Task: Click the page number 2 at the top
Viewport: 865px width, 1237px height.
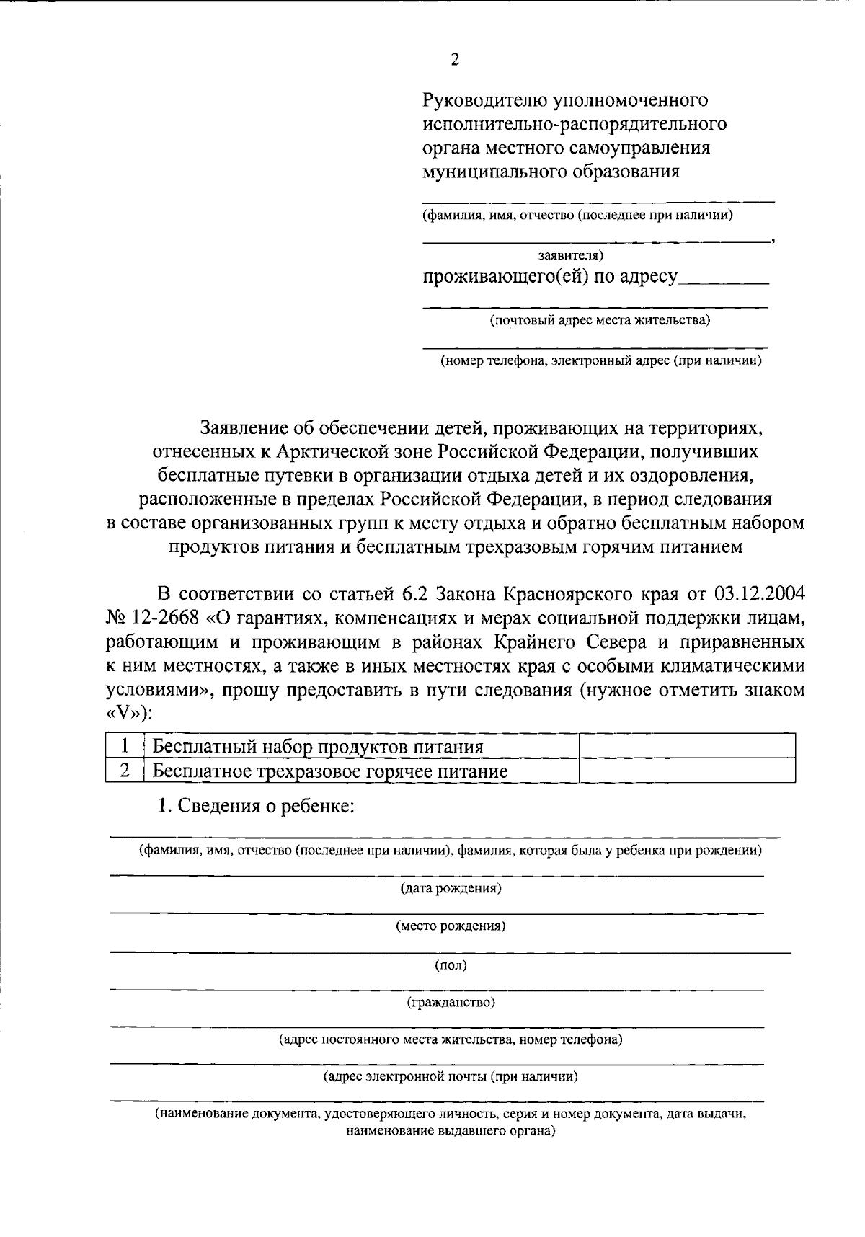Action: (x=455, y=60)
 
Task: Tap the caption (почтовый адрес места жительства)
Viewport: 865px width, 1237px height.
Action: (x=600, y=320)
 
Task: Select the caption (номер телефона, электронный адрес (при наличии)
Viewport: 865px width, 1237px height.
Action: (x=601, y=361)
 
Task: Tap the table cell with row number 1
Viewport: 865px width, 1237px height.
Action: (x=125, y=746)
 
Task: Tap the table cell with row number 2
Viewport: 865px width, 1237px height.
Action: (x=125, y=771)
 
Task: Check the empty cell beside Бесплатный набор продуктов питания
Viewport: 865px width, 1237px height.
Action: (x=687, y=746)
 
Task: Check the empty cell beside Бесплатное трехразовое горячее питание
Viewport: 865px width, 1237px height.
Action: (x=687, y=771)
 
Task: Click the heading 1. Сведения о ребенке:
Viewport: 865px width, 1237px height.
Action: (x=256, y=806)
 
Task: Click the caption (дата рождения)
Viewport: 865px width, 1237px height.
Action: (x=451, y=888)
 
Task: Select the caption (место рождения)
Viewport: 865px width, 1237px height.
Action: (x=451, y=926)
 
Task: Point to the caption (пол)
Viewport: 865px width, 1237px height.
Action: (x=451, y=965)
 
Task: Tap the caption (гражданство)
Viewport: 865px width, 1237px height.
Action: (x=451, y=1002)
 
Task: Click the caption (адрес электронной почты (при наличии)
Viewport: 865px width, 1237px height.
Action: (x=451, y=1077)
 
